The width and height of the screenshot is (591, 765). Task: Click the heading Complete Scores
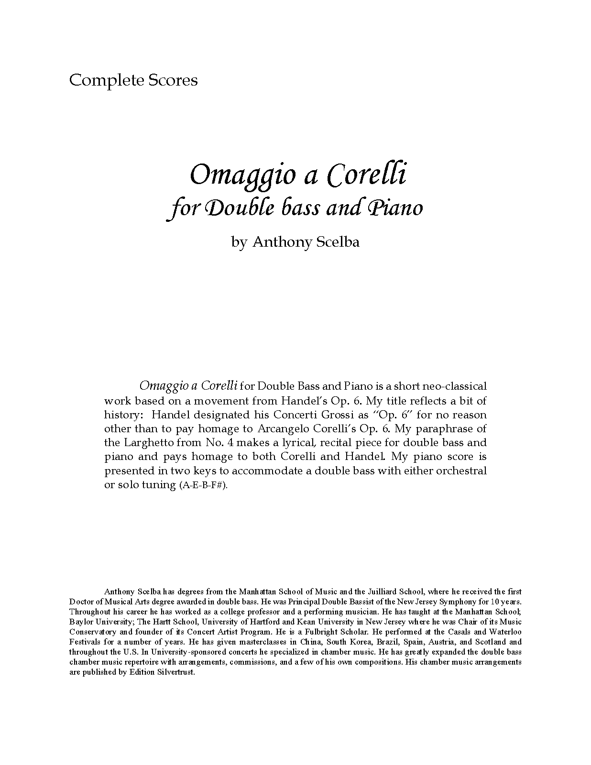[133, 80]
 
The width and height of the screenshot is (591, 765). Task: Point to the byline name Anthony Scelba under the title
[306, 242]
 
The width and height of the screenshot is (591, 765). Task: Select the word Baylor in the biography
[80, 622]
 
